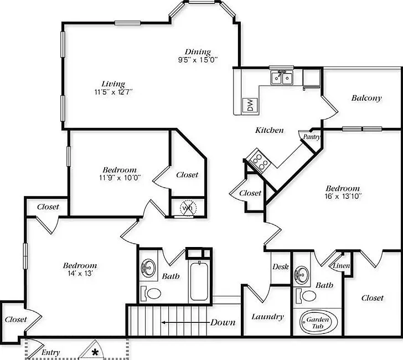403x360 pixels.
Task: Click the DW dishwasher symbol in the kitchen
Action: (x=250, y=105)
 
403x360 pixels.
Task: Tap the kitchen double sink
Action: (x=282, y=77)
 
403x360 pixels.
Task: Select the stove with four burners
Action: (x=258, y=161)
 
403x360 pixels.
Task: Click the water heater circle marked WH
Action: (x=188, y=208)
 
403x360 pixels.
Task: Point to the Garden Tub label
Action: (x=318, y=323)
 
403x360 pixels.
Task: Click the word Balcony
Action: (x=366, y=98)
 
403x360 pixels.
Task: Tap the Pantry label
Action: (x=312, y=137)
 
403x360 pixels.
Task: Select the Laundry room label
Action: (x=267, y=317)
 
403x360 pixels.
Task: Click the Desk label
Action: (x=281, y=266)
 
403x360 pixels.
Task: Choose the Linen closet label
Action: (x=342, y=266)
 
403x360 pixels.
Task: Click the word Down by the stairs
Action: (x=223, y=322)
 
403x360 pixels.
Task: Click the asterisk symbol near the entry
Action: (x=95, y=352)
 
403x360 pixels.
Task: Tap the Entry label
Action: (x=50, y=353)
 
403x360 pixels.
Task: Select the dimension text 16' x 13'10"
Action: (x=343, y=197)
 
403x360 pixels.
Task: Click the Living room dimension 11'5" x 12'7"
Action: (x=113, y=92)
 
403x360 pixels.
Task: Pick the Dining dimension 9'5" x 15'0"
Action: (x=198, y=60)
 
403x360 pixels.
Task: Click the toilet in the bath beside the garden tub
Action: (x=306, y=296)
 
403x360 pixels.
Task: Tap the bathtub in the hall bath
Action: (x=199, y=281)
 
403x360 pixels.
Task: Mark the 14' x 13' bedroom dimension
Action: (x=80, y=274)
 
